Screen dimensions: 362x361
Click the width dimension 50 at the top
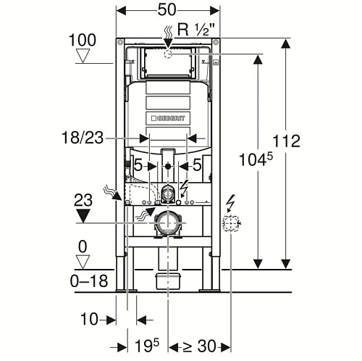click(x=167, y=10)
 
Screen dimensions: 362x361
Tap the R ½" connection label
click(x=196, y=30)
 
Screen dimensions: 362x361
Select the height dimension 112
click(x=286, y=141)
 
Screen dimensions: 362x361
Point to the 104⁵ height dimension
click(x=256, y=159)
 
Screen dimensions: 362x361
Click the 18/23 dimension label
click(x=83, y=138)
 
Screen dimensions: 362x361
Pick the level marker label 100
click(x=83, y=40)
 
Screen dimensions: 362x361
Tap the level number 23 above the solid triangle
click(x=83, y=200)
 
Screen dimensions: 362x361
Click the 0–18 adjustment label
click(x=89, y=281)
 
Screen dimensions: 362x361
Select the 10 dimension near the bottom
click(x=89, y=319)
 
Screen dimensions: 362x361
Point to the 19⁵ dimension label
click(x=147, y=346)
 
